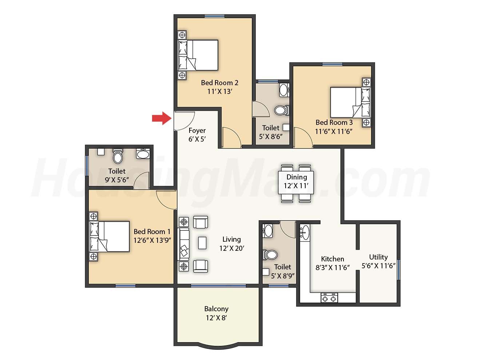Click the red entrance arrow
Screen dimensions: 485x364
pyautogui.click(x=162, y=118)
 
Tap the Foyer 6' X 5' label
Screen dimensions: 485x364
pyautogui.click(x=197, y=135)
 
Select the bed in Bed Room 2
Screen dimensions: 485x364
pyautogui.click(x=198, y=55)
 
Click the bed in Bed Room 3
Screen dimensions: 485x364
pyautogui.click(x=351, y=102)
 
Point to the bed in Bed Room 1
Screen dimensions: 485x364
pyautogui.click(x=109, y=236)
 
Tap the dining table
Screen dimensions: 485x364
pyautogui.click(x=296, y=183)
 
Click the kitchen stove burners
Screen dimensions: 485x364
pyautogui.click(x=329, y=297)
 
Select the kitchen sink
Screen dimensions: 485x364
pyautogui.click(x=305, y=232)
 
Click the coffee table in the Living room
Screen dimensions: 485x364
pyautogui.click(x=202, y=243)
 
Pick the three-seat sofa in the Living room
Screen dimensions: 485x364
pyautogui.click(x=184, y=244)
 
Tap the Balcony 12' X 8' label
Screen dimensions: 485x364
pyautogui.click(x=216, y=313)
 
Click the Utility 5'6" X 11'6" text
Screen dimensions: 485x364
pyautogui.click(x=378, y=261)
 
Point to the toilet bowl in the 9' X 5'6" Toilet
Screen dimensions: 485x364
pyautogui.click(x=118, y=156)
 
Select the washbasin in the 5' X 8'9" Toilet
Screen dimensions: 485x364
pyautogui.click(x=268, y=231)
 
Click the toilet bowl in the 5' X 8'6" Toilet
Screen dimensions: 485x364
pyautogui.click(x=282, y=110)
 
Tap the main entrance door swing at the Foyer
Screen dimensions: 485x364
pyautogui.click(x=184, y=121)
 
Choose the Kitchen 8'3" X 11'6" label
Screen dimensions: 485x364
pyautogui.click(x=333, y=263)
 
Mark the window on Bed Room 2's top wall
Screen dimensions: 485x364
pyautogui.click(x=214, y=16)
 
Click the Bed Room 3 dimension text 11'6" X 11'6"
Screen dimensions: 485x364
pyautogui.click(x=333, y=131)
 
